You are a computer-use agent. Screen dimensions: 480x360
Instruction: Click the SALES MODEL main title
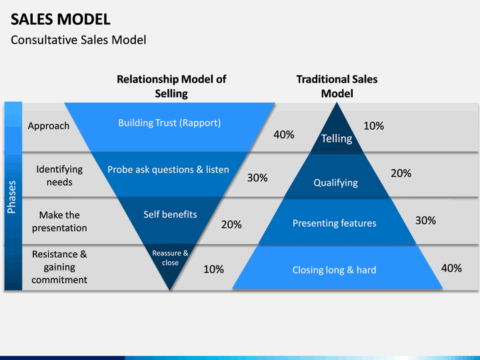[60, 19]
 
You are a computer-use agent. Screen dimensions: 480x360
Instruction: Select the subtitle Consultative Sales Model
[79, 40]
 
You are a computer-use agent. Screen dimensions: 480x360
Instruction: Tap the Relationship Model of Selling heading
[171, 86]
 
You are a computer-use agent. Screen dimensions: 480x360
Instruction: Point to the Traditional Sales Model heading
[337, 86]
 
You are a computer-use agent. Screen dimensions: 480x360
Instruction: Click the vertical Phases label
[11, 197]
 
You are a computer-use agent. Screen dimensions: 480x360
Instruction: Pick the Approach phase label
[49, 126]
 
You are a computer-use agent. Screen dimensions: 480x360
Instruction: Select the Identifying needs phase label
[59, 175]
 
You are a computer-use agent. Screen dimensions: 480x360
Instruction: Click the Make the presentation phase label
[59, 221]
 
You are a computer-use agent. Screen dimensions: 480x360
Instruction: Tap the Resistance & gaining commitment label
[59, 267]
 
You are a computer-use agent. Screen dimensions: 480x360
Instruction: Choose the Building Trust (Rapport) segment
[169, 127]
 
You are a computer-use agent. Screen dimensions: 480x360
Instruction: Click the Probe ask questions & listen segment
[169, 174]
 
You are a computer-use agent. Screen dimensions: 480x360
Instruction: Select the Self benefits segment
[170, 220]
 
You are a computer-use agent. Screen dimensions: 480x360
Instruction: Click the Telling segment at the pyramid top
[337, 138]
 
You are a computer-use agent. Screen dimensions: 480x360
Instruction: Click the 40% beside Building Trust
[284, 135]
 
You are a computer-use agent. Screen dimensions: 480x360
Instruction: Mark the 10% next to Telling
[373, 126]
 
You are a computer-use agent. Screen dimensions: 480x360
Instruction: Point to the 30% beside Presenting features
[425, 221]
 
